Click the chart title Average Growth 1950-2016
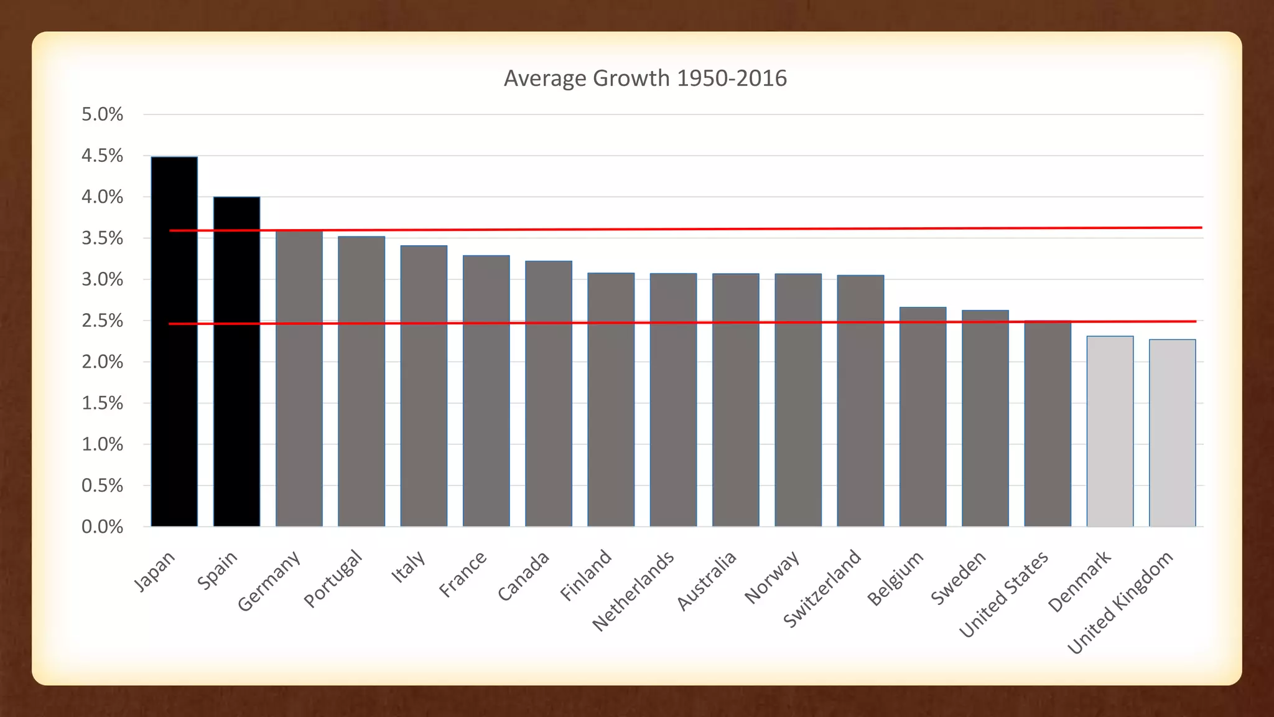645,78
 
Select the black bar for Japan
174,342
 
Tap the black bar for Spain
236,361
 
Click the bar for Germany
299,380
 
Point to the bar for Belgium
923,417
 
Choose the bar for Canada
549,393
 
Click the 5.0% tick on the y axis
103,115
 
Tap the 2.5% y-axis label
103,321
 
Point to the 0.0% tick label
103,527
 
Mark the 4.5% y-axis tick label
103,156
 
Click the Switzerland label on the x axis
822,588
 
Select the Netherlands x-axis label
633,591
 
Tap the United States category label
1003,594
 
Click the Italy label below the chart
408,566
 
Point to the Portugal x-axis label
332,578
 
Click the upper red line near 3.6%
684,229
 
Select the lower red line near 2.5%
684,322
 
